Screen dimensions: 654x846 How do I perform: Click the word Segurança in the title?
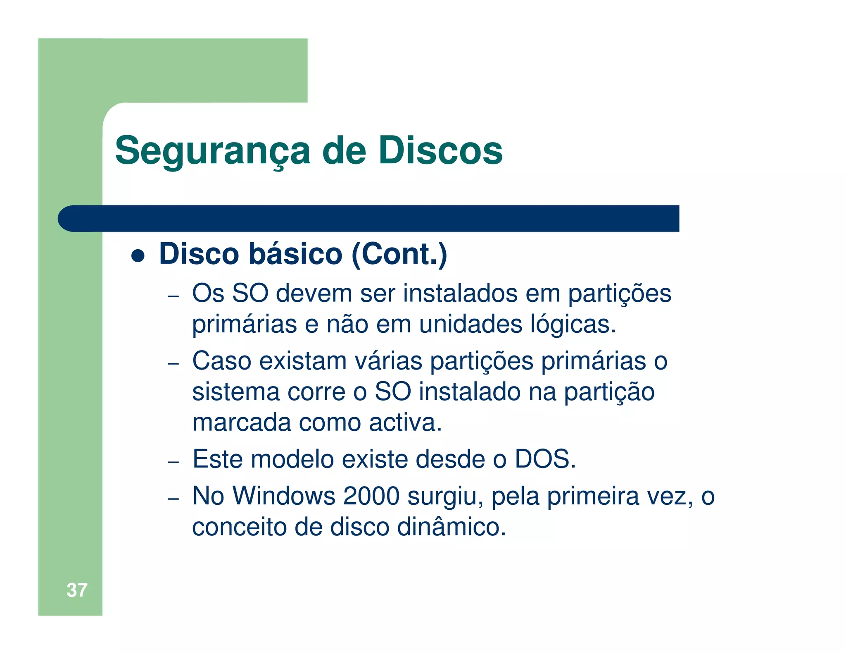tap(212, 151)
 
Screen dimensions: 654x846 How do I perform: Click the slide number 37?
tap(77, 590)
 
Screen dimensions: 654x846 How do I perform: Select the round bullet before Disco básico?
tap(138, 255)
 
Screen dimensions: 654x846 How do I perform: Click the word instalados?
tap(460, 294)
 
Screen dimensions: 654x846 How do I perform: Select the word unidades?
tap(471, 324)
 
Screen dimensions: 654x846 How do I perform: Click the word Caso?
tap(222, 361)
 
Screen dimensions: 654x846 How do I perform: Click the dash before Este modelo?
tap(173, 461)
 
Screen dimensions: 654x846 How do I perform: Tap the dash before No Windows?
tap(173, 498)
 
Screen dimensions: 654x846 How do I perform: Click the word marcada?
tap(242, 422)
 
